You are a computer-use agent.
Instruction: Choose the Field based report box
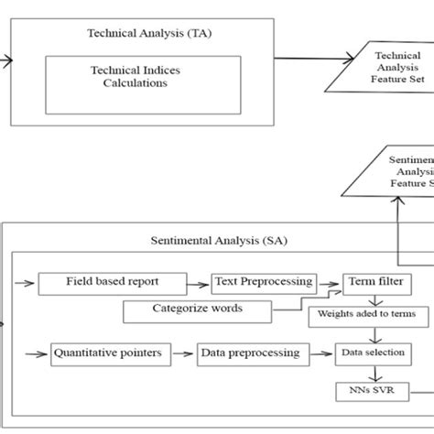click(x=112, y=284)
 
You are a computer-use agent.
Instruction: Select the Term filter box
click(x=372, y=284)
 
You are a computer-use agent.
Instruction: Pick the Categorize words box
click(x=198, y=309)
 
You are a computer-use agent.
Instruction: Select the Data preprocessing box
click(x=249, y=353)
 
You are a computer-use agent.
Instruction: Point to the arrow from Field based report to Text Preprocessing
click(x=198, y=284)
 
